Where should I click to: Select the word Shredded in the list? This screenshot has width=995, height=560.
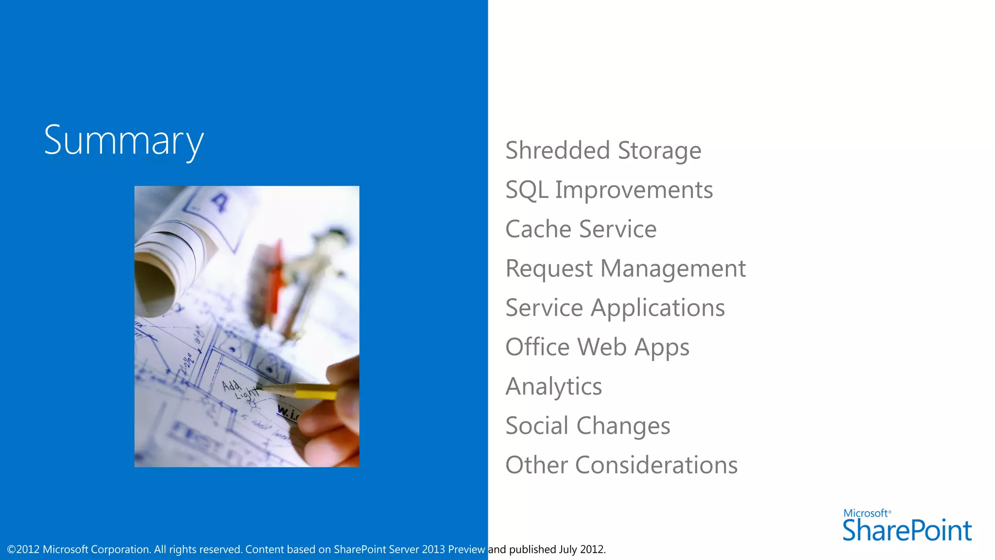(557, 150)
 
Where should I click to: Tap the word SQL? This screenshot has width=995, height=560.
(527, 190)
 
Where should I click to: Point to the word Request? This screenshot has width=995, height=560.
(549, 269)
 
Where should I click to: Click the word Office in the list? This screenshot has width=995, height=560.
(537, 347)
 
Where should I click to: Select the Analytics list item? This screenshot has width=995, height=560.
(553, 387)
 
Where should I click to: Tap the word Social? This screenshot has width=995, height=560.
(537, 426)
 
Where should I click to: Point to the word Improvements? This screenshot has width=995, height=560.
(634, 190)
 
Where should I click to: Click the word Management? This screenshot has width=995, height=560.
(673, 269)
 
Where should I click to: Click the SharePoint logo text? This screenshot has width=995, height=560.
(907, 530)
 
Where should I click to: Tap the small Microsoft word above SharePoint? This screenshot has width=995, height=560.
(866, 513)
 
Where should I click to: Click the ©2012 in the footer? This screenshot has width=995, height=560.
(23, 550)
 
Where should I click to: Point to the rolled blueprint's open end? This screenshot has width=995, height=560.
(154, 287)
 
